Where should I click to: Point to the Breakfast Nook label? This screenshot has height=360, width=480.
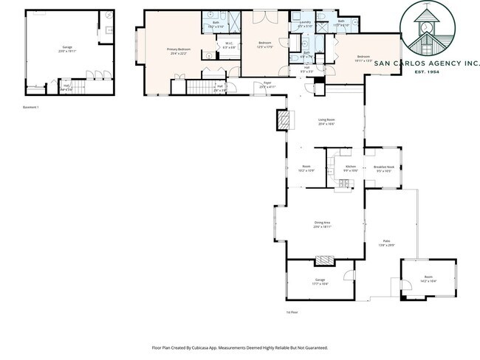click(383, 168)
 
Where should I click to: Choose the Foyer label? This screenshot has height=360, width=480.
click(257, 85)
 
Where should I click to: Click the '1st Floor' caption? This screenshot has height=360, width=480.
click(292, 312)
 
